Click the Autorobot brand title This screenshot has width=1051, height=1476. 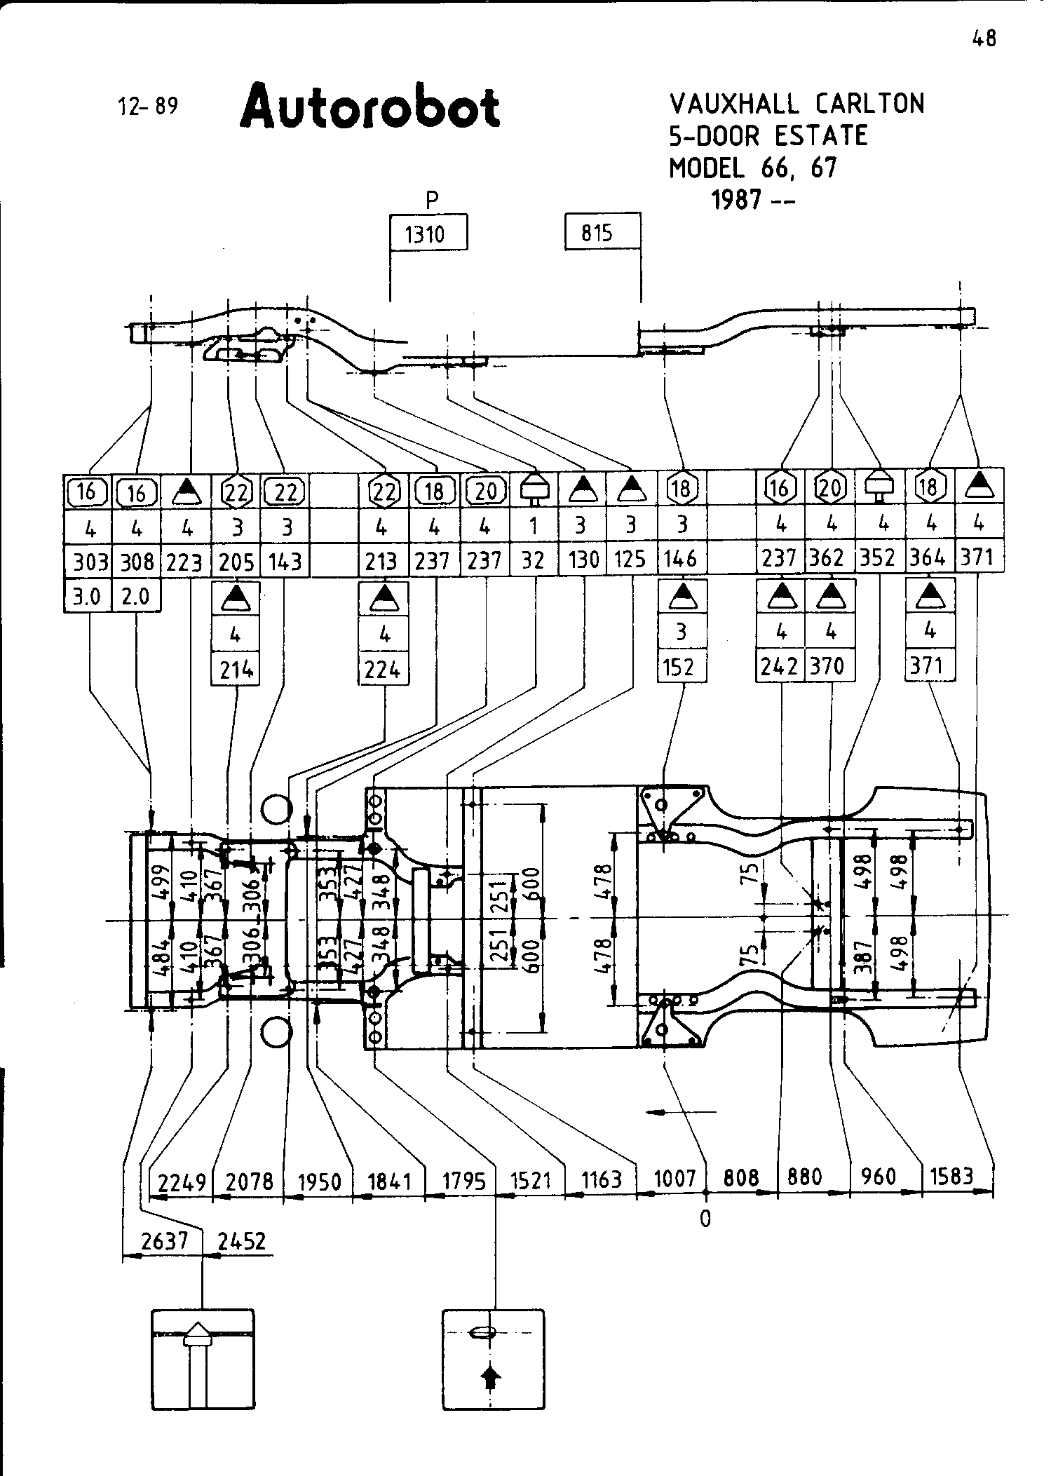(370, 107)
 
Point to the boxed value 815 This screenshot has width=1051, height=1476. (597, 232)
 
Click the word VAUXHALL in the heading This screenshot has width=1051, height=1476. (733, 104)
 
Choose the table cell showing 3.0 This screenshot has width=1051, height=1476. (88, 597)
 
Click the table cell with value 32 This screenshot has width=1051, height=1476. (534, 560)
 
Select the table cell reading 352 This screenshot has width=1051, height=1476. (878, 557)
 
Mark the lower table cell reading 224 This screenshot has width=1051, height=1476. (383, 671)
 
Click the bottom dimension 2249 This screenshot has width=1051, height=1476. (182, 1183)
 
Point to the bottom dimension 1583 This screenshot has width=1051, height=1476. (951, 1176)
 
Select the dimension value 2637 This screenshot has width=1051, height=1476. (165, 1242)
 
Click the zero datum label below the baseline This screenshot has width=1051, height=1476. (705, 1219)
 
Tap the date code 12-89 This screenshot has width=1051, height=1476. (149, 107)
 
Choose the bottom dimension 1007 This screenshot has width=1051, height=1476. (674, 1179)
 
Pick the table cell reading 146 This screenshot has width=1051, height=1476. (681, 559)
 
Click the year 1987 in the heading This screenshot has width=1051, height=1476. (736, 201)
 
